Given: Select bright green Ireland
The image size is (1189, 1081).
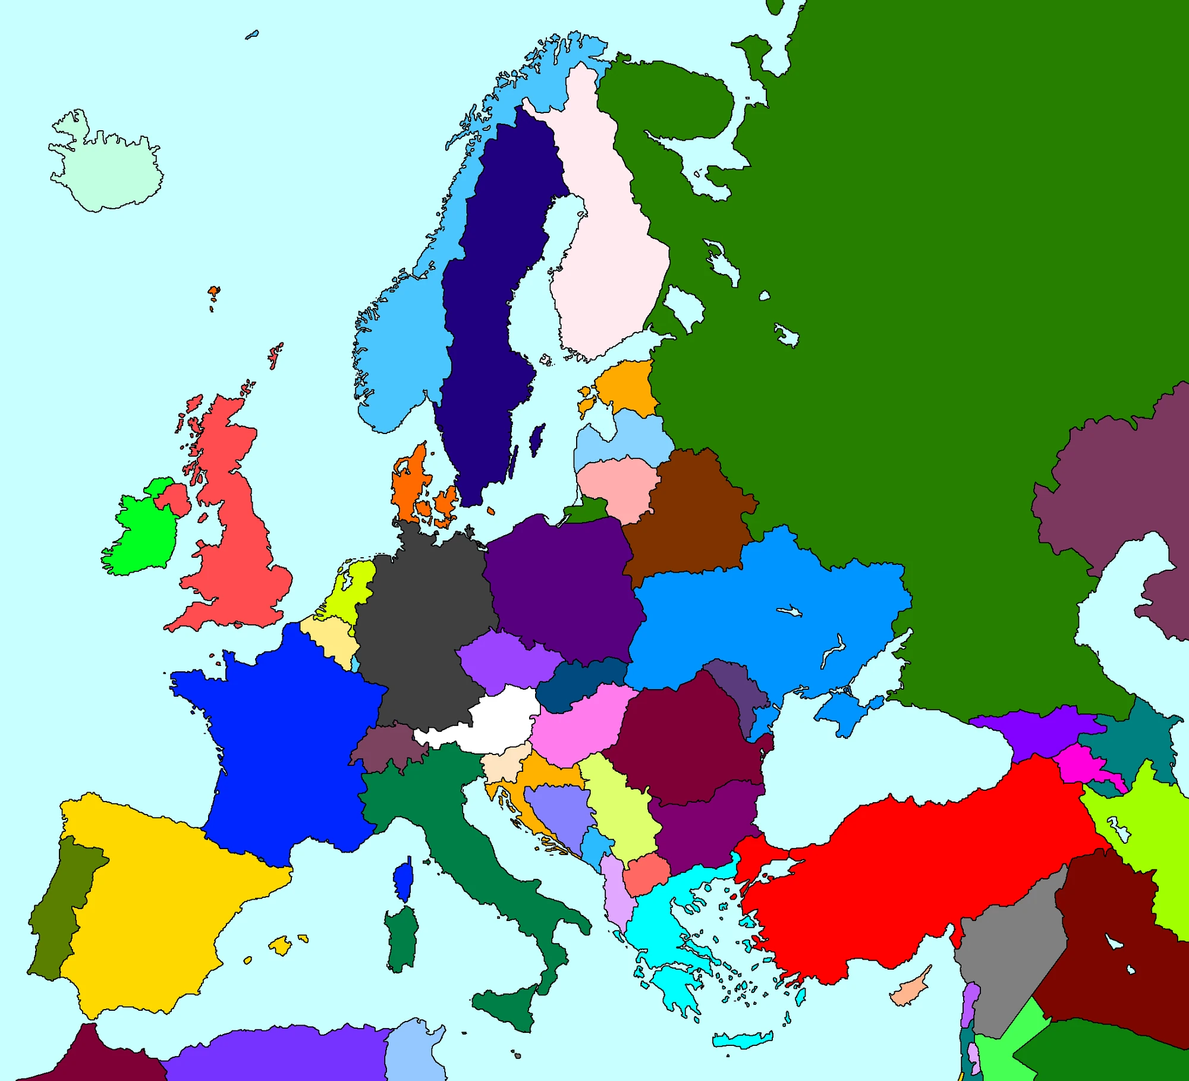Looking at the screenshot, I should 143,535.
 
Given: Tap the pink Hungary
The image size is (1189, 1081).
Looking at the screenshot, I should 577,725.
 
